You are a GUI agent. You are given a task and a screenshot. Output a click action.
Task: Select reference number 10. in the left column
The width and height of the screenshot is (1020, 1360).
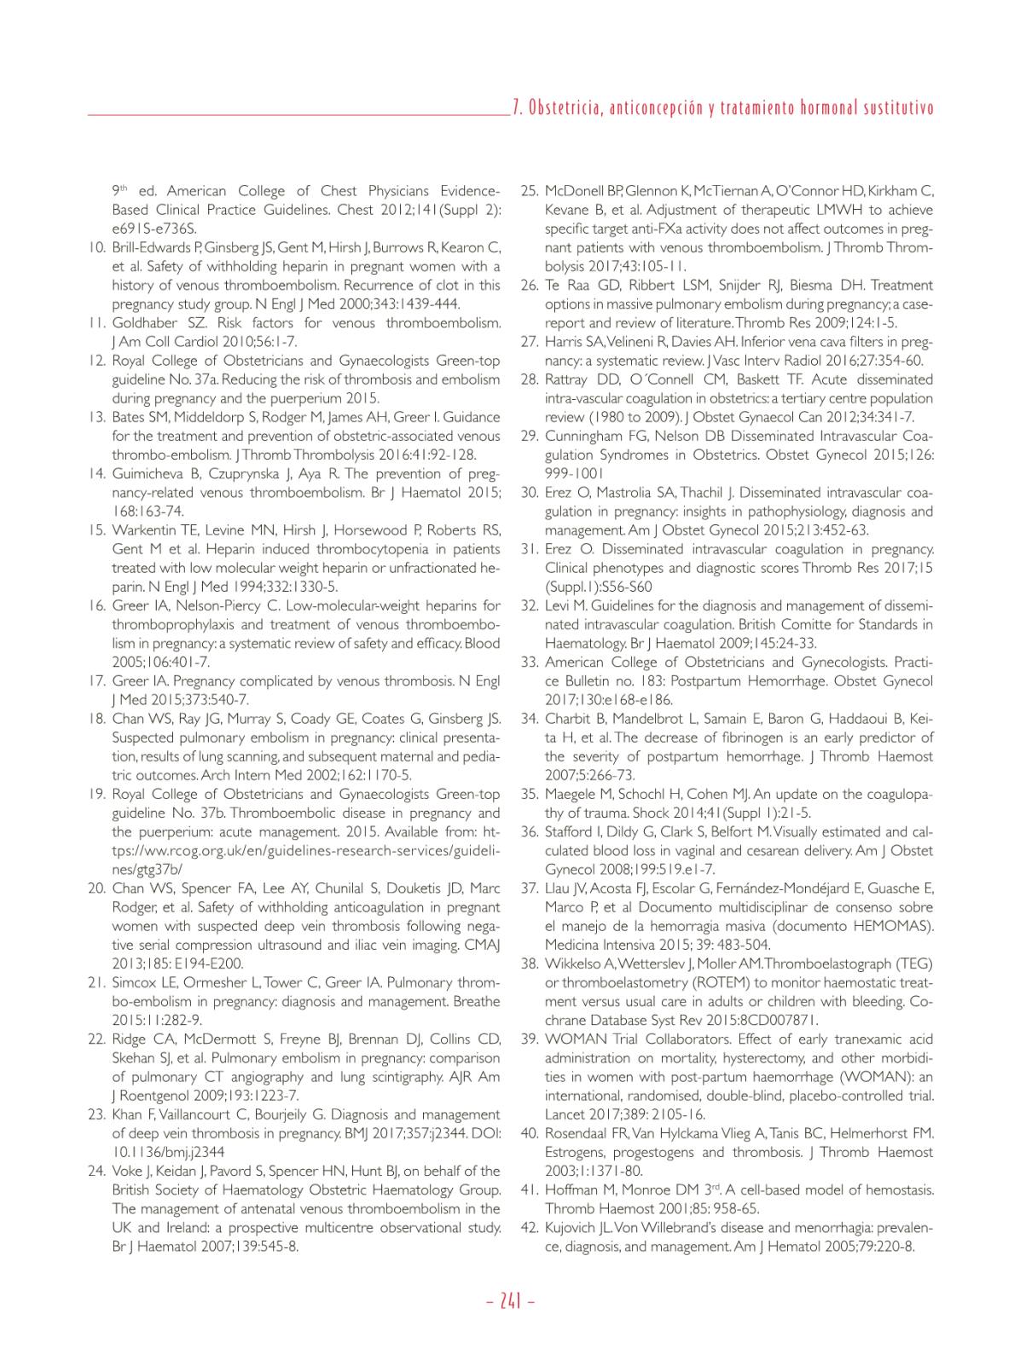pos(96,248)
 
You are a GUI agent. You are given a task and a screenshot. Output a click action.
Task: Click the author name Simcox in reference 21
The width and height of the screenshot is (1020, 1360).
pos(135,983)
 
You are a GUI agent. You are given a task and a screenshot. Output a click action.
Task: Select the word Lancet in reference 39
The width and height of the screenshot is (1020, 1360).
pos(563,1114)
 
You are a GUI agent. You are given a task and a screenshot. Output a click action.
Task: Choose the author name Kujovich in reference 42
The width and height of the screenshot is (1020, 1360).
pos(571,1228)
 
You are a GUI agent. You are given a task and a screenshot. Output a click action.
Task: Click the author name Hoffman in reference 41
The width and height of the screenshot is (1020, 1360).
pos(571,1189)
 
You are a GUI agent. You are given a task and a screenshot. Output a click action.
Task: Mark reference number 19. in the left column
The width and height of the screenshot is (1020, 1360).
pos(96,795)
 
